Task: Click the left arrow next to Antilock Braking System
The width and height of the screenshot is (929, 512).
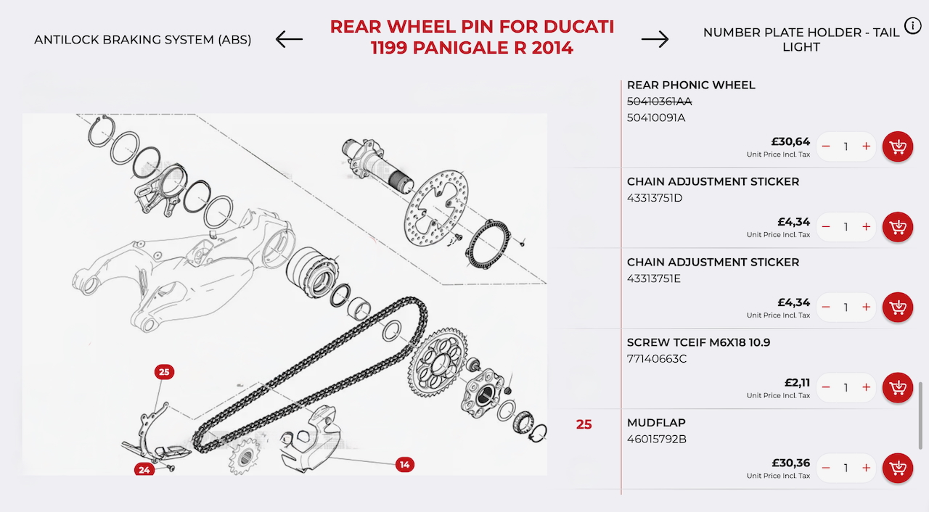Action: coord(289,39)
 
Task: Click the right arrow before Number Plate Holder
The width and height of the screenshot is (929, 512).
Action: coord(655,39)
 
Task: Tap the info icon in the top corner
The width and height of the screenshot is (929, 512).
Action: coord(912,26)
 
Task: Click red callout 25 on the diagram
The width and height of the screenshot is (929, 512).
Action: coord(164,372)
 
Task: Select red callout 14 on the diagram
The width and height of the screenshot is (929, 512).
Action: coord(405,465)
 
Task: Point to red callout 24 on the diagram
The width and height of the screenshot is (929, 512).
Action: coord(144,470)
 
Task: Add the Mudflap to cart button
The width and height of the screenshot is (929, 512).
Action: coord(898,468)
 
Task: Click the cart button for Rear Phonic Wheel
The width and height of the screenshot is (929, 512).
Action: coord(898,146)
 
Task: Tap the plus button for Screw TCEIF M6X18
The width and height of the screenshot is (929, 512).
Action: coord(866,387)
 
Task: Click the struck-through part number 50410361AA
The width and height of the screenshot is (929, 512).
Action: coord(660,102)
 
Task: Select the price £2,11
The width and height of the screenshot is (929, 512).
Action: coord(797,383)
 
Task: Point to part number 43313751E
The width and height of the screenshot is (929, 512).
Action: coord(654,278)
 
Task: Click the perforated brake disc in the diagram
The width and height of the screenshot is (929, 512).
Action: coord(436,207)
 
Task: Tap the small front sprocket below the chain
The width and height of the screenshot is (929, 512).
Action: coord(244,455)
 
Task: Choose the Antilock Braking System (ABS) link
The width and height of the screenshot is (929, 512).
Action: coord(143,40)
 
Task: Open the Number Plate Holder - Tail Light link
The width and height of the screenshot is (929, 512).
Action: coord(801,40)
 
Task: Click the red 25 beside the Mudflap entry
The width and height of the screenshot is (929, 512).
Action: coord(584,424)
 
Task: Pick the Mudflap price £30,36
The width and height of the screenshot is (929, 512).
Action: coord(790,463)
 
